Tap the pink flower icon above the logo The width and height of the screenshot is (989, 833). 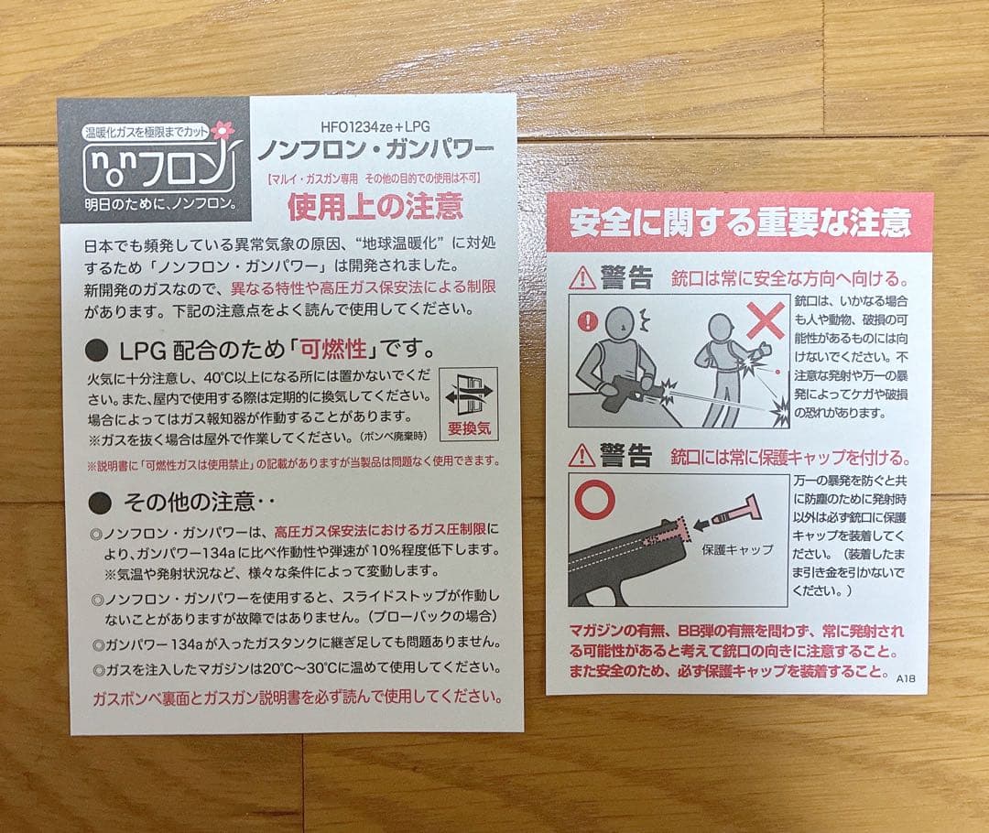(x=223, y=131)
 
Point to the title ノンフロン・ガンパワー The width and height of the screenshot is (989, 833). (x=375, y=148)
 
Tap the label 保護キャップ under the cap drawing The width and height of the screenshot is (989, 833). (x=737, y=550)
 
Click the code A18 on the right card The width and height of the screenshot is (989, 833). (x=906, y=678)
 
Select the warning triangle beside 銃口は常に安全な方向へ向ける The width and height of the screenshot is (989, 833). (x=581, y=276)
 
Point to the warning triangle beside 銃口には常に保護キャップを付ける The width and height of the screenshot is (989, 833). (x=581, y=454)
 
